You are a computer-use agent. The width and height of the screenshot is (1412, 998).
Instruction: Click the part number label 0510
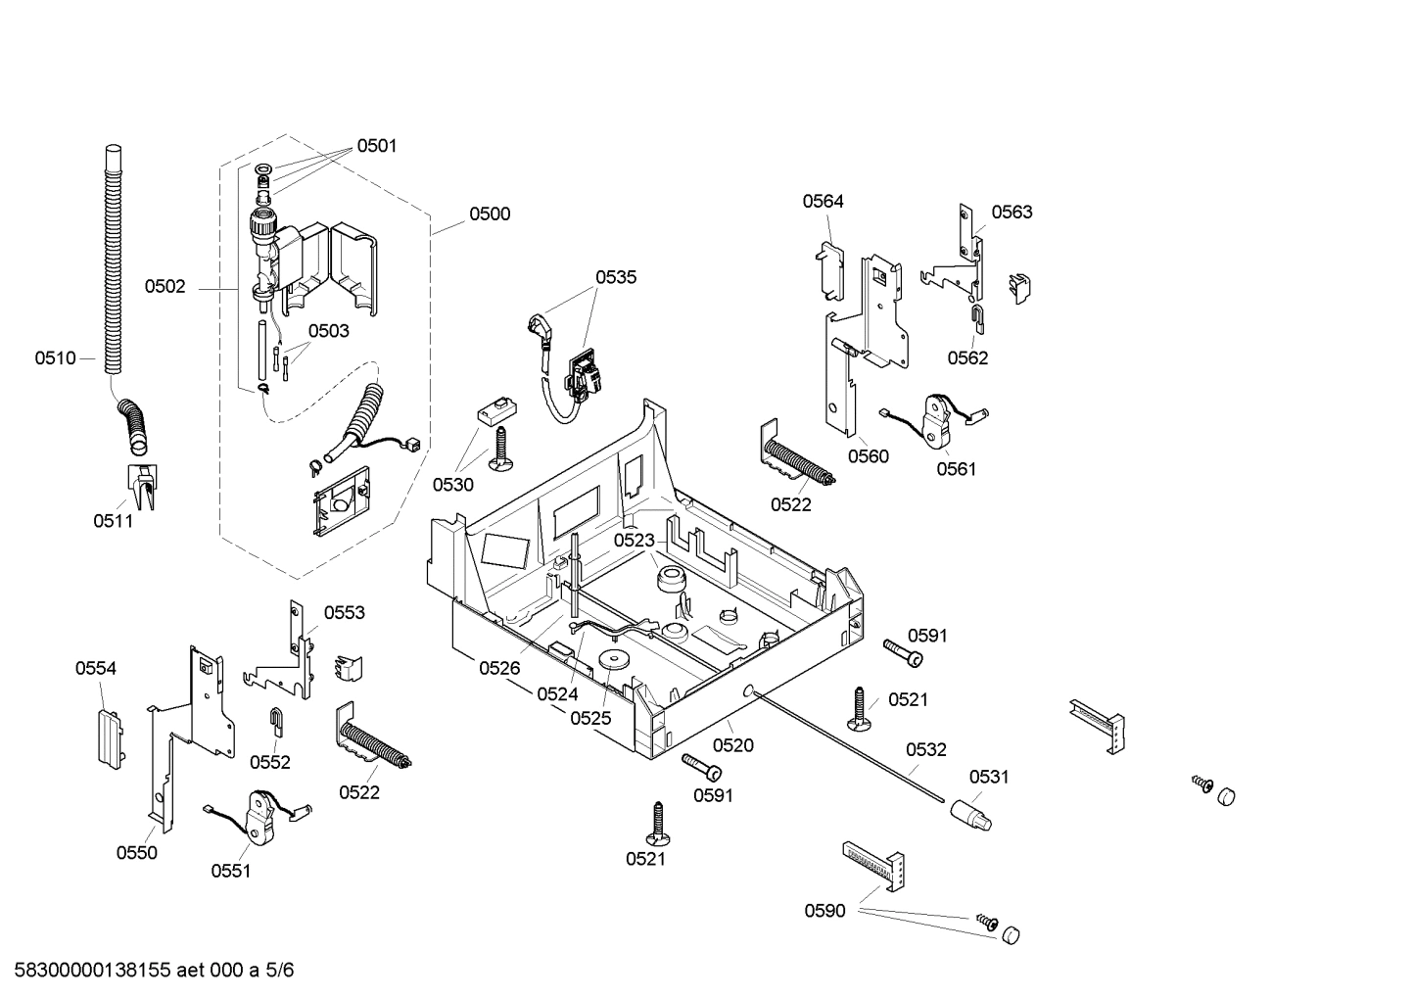pyautogui.click(x=55, y=358)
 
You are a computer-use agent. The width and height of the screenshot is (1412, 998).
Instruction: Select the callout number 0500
pyautogui.click(x=490, y=214)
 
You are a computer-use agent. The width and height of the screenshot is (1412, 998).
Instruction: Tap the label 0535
pyautogui.click(x=616, y=277)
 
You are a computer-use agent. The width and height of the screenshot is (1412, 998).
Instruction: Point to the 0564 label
pyautogui.click(x=823, y=202)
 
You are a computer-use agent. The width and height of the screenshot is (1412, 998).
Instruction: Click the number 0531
pyautogui.click(x=989, y=777)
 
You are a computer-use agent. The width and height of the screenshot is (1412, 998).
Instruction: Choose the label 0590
pyautogui.click(x=824, y=911)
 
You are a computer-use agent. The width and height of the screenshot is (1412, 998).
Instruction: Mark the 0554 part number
pyautogui.click(x=96, y=669)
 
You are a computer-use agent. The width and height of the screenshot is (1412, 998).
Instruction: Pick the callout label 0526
pyautogui.click(x=499, y=668)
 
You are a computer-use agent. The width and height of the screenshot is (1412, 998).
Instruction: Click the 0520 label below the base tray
pyautogui.click(x=732, y=745)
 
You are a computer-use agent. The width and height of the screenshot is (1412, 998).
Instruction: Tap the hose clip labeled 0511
pyautogui.click(x=142, y=487)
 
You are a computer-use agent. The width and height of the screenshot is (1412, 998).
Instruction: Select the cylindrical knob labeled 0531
pyautogui.click(x=969, y=813)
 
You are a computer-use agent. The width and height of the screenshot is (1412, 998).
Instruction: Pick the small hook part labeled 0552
pyautogui.click(x=277, y=722)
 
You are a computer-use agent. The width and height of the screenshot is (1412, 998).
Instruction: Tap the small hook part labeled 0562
pyautogui.click(x=976, y=314)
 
